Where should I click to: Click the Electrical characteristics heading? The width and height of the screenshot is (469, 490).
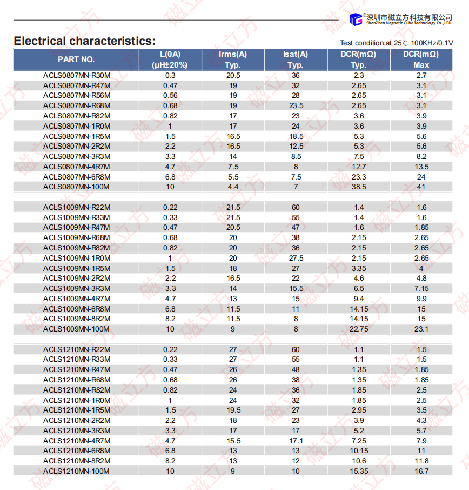(x=84, y=41)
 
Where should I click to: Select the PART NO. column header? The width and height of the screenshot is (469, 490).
(x=76, y=59)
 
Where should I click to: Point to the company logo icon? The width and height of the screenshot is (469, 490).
(x=355, y=19)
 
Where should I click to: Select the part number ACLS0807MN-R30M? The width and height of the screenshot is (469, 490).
(x=77, y=76)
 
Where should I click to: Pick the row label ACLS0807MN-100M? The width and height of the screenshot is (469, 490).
(x=77, y=187)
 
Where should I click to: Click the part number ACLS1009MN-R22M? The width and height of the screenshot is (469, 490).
(x=77, y=208)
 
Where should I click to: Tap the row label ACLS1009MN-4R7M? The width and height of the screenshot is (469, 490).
(x=77, y=299)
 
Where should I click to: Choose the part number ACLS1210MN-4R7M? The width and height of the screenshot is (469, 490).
(x=77, y=441)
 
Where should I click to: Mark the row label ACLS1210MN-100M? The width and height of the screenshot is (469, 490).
(x=77, y=471)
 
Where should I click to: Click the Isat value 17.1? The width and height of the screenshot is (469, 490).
(x=296, y=441)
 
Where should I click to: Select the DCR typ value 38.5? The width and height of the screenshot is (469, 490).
(x=359, y=187)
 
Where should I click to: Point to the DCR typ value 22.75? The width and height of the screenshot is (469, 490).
(x=359, y=329)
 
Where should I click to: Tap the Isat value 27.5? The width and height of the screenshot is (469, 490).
(x=296, y=259)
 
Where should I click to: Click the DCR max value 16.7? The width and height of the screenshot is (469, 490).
(x=421, y=471)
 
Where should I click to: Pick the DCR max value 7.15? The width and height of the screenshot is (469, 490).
(x=421, y=289)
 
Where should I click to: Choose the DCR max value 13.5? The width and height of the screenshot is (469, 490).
(x=421, y=167)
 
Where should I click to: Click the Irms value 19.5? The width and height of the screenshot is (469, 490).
(x=233, y=410)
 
